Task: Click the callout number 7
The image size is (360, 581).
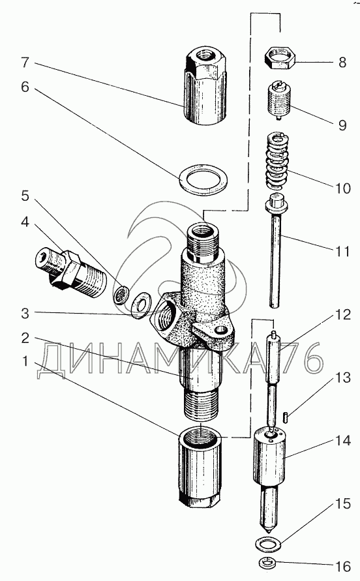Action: [x=25, y=62]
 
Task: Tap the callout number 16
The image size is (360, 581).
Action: [x=343, y=566]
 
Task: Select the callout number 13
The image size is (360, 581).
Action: [x=343, y=378]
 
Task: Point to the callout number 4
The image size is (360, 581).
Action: [x=25, y=223]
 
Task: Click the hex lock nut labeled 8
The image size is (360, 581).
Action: [x=280, y=59]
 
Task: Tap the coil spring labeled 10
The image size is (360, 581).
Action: [x=277, y=162]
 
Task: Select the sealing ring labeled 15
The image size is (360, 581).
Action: [x=269, y=544]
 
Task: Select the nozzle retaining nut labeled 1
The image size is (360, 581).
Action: [x=200, y=469]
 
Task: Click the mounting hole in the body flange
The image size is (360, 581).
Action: [x=221, y=329]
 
